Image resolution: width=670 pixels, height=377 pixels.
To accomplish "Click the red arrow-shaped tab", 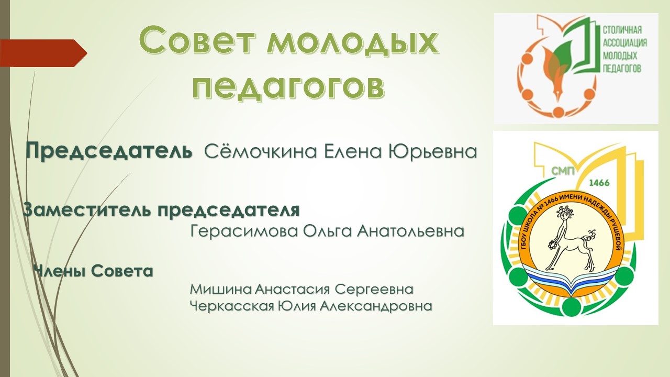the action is pyautogui.click(x=43, y=53).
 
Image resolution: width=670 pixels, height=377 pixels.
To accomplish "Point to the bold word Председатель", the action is pyautogui.click(x=109, y=151).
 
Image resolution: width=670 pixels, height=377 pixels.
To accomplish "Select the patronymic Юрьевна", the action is pyautogui.click(x=432, y=151).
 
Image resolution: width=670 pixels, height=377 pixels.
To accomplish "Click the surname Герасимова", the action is pyautogui.click(x=244, y=231).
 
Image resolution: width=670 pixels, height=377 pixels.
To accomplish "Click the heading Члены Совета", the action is pyautogui.click(x=93, y=271).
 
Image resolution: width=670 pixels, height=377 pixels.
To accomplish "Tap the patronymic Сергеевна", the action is pyautogui.click(x=374, y=289).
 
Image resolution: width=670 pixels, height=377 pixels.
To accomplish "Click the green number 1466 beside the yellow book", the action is pyautogui.click(x=599, y=183).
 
